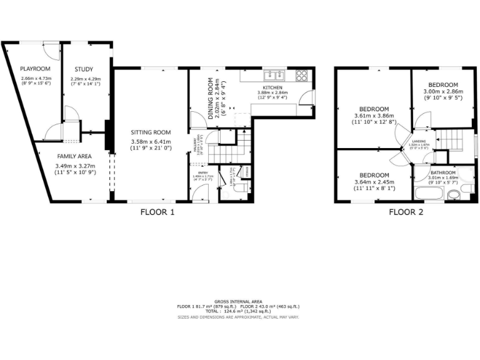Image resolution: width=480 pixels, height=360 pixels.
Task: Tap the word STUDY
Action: [x=84, y=69]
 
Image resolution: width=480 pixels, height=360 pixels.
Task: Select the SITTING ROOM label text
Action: [x=151, y=132]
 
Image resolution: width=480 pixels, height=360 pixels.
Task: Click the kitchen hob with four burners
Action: [x=301, y=74]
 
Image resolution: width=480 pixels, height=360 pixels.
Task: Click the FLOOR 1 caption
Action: [x=157, y=212]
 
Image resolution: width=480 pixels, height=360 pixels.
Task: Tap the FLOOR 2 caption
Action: [x=406, y=212]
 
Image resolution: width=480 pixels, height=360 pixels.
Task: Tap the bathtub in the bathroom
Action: [x=429, y=194]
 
